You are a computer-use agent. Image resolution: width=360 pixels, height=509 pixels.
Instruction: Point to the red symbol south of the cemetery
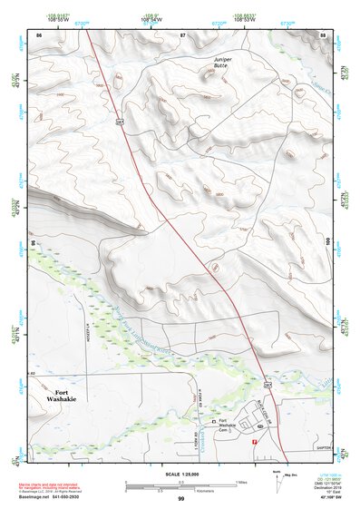[x=255, y=441]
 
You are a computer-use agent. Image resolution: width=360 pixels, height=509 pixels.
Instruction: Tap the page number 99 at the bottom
[x=180, y=499]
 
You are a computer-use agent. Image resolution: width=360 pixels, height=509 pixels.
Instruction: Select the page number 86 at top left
[x=39, y=34]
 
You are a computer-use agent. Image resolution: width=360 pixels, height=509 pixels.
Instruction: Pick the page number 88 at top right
[x=323, y=34]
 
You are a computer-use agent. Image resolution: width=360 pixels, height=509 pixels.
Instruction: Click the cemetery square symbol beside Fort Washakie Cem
[x=214, y=422]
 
